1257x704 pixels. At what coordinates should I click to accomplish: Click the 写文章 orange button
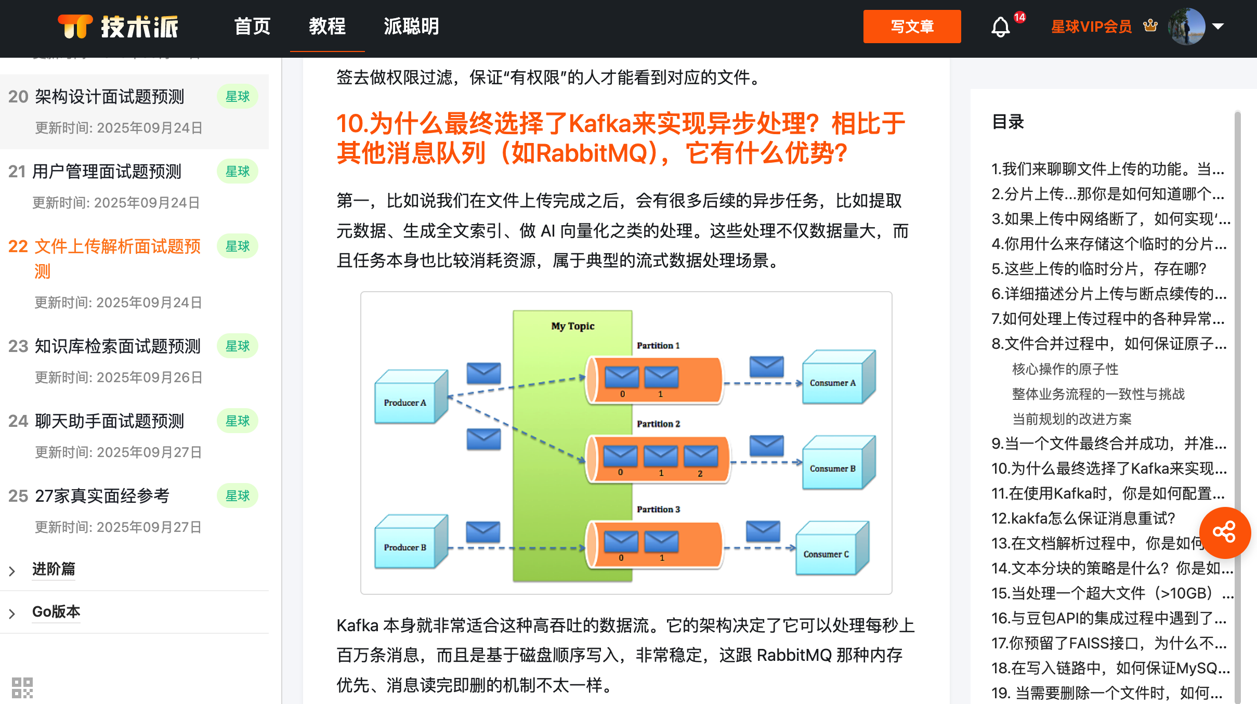pos(912,27)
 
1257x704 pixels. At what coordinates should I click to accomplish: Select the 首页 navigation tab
pos(252,27)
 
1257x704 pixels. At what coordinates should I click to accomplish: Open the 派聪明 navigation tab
pos(411,27)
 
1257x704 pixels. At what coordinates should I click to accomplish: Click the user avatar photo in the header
pos(1186,27)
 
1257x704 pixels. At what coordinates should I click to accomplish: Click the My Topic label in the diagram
pos(572,326)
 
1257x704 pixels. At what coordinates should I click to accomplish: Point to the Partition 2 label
pos(658,424)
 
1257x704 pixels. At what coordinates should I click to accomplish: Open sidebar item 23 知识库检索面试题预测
pos(117,346)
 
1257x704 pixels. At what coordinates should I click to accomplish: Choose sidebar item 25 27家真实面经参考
pos(102,496)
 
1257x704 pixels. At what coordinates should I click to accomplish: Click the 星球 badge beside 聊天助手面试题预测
pos(238,421)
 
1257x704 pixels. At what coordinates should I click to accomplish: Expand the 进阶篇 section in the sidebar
pos(54,569)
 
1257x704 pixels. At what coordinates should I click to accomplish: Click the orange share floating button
pos(1224,532)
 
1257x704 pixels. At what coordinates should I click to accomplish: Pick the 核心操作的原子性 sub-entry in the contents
pos(1065,369)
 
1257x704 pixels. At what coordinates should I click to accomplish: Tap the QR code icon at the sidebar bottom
pos(22,687)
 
